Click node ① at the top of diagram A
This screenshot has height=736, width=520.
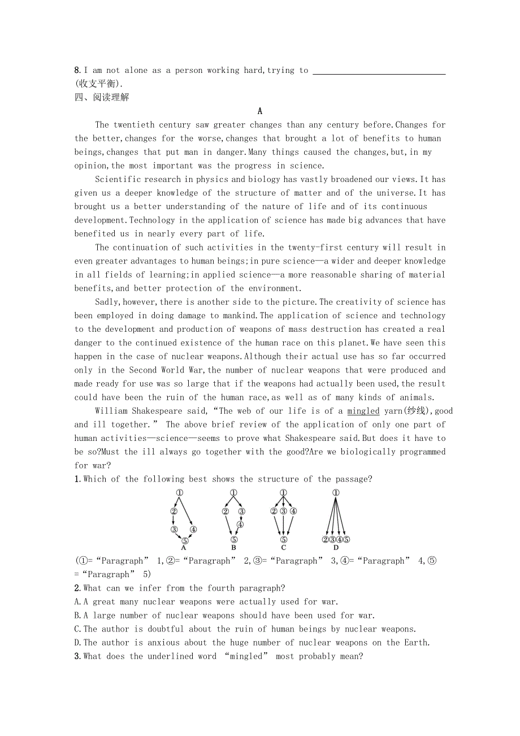pyautogui.click(x=179, y=493)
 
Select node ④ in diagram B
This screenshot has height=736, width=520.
pyautogui.click(x=240, y=524)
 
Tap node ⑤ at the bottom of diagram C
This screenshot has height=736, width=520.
pyautogui.click(x=283, y=540)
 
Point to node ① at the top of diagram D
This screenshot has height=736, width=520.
pyautogui.click(x=336, y=493)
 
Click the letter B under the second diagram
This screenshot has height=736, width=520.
pyautogui.click(x=233, y=547)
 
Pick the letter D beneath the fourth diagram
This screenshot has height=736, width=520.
pyautogui.click(x=336, y=547)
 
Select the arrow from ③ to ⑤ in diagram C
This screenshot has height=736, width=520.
pyautogui.click(x=283, y=526)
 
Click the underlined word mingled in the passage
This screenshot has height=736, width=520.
pyautogui.click(x=363, y=411)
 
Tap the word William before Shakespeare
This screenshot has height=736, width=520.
pyautogui.click(x=111, y=411)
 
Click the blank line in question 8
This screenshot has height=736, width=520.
pyautogui.click(x=379, y=72)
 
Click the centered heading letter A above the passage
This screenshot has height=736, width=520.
pyautogui.click(x=259, y=111)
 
